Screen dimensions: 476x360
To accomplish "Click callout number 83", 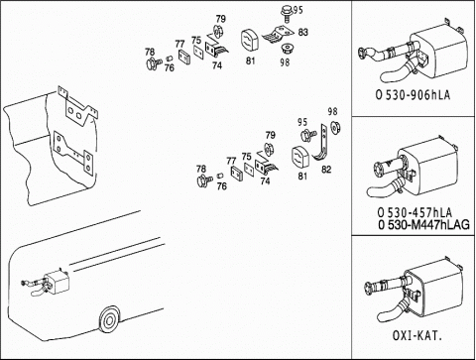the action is (x=302, y=32).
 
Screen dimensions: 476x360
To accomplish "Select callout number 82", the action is (x=326, y=170).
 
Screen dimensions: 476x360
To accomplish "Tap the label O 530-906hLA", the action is (x=413, y=95).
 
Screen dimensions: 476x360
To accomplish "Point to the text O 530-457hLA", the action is (x=415, y=212).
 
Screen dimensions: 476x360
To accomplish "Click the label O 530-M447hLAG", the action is (x=423, y=225).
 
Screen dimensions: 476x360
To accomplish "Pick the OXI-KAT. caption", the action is (x=417, y=335).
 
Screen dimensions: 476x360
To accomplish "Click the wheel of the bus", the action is (x=109, y=320).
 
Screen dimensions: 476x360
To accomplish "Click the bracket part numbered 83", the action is (x=279, y=35).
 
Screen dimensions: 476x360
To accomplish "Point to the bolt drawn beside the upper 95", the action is (x=287, y=13).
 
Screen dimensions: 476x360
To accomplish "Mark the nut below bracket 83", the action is (x=285, y=51).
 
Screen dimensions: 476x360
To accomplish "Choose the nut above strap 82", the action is (x=336, y=127).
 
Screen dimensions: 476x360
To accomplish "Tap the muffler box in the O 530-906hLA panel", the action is (x=439, y=52).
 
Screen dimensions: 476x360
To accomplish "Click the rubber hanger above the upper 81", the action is (x=249, y=41).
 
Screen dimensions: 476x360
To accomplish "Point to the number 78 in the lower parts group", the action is (x=201, y=169).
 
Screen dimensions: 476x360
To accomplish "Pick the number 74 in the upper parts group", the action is (x=217, y=65).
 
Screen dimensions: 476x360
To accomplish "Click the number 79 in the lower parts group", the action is (x=271, y=135).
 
